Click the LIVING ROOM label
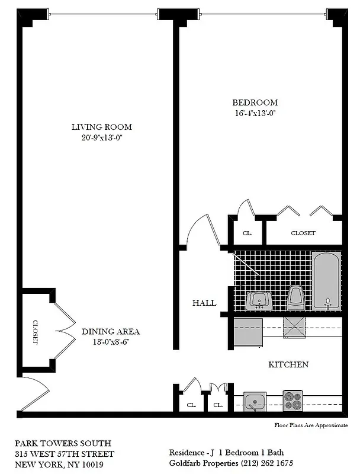pyautogui.click(x=101, y=127)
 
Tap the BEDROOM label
pyautogui.click(x=255, y=102)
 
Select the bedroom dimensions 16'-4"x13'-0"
pyautogui.click(x=255, y=113)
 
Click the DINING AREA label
pyautogui.click(x=111, y=332)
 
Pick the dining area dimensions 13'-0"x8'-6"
pyautogui.click(x=111, y=342)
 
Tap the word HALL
pyautogui.click(x=204, y=303)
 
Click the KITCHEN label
pyautogui.click(x=288, y=364)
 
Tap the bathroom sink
pyautogui.click(x=258, y=300)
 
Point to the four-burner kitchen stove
pyautogui.click(x=293, y=401)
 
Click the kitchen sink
pyautogui.click(x=256, y=401)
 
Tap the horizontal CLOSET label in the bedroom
pyautogui.click(x=303, y=233)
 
